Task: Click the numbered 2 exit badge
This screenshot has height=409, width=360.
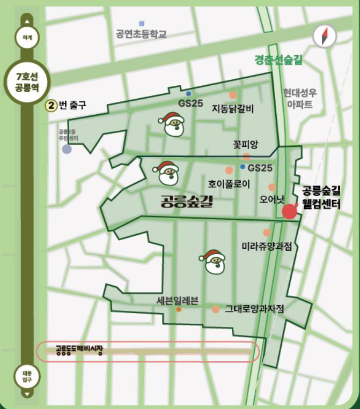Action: coord(52,105)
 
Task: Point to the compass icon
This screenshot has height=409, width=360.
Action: coord(325,36)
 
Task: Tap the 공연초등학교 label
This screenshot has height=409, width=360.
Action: coord(141,34)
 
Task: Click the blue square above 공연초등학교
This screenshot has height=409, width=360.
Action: coord(142,23)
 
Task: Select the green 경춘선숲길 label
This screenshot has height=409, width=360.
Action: coord(278,60)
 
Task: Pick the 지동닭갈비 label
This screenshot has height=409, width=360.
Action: coord(233,109)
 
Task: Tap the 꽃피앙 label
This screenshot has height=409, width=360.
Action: coord(246,145)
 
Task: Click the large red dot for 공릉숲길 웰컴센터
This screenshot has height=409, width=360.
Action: coord(289,211)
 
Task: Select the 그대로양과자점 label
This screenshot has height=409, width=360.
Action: coord(254,309)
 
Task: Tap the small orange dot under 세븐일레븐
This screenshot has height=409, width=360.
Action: coord(179,309)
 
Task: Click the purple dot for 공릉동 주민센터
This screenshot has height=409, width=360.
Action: coord(67,149)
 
